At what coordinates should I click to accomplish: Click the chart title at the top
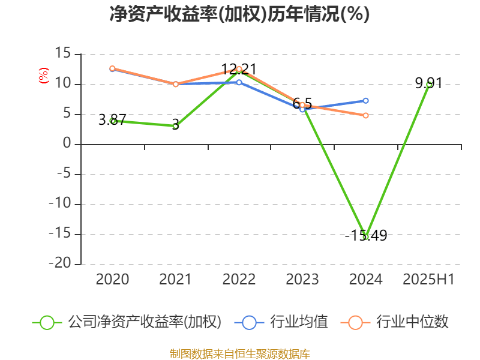click(x=239, y=14)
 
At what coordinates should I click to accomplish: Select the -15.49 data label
click(x=366, y=236)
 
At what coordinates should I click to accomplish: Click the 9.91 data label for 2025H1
click(x=428, y=83)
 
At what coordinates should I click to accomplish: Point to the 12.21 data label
click(x=239, y=69)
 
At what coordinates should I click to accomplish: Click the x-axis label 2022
click(x=239, y=279)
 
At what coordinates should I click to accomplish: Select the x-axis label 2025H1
click(x=428, y=279)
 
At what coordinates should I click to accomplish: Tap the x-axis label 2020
click(x=112, y=279)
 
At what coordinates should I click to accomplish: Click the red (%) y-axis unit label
click(x=43, y=76)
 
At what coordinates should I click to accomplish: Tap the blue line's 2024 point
click(x=365, y=100)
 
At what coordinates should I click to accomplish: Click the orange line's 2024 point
click(x=365, y=115)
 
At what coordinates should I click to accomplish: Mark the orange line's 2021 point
click(x=175, y=84)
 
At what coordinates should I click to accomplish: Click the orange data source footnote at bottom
click(x=239, y=353)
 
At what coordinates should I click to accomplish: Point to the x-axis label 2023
click(x=302, y=279)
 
